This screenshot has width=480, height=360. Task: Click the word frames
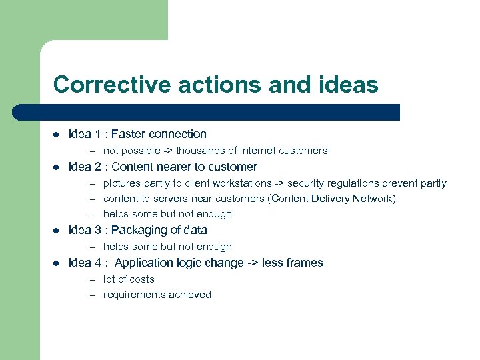(x=303, y=263)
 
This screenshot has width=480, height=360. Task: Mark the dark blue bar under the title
(x=200, y=112)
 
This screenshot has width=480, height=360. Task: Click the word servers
(x=171, y=199)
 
